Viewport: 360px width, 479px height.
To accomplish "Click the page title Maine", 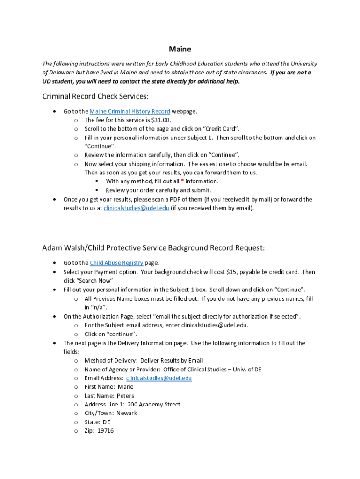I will (x=180, y=49).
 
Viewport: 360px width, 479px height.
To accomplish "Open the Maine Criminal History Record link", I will (x=130, y=111).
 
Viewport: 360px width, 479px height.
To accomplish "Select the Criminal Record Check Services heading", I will (x=95, y=96).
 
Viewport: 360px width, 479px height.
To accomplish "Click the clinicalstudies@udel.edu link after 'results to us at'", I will (x=136, y=208).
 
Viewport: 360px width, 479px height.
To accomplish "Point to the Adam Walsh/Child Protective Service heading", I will (x=153, y=248).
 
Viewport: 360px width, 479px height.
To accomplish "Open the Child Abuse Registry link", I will (x=117, y=263).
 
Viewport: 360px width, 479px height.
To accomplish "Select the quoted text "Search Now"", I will (x=97, y=281).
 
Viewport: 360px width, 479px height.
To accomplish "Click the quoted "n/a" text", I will (x=92, y=307).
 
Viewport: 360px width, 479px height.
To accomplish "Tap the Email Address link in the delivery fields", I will (x=159, y=378).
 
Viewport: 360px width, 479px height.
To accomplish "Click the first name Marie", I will (x=126, y=387).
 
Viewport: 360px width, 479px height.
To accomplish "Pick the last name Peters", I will (x=125, y=396).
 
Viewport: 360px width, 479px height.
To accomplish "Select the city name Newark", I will (x=127, y=413).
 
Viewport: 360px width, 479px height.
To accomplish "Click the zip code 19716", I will (x=106, y=431).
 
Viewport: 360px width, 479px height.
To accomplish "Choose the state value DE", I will (x=107, y=422).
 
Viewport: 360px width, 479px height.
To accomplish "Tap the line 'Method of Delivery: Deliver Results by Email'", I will (x=144, y=361).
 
